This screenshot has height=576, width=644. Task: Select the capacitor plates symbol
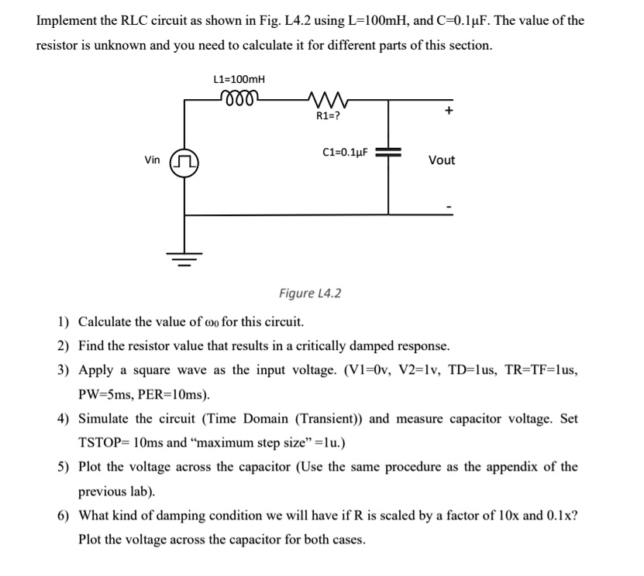(388, 152)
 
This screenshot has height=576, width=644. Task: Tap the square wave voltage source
(184, 161)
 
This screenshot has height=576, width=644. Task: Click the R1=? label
(327, 116)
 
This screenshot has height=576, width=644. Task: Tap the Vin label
(153, 160)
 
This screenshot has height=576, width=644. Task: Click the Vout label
(442, 160)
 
